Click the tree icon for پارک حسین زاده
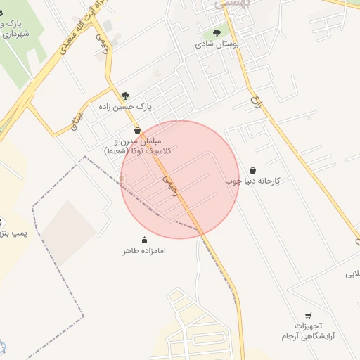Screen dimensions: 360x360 [x=126, y=96]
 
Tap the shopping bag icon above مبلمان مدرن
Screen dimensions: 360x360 [x=137, y=131]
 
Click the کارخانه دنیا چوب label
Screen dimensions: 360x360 [x=252, y=181]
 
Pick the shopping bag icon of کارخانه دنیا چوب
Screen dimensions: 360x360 [x=252, y=170]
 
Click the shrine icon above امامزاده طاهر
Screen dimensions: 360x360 [x=144, y=240]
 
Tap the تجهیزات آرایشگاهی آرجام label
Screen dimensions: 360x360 [x=308, y=330]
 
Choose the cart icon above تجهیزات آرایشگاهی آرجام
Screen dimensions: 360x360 [x=308, y=316]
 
